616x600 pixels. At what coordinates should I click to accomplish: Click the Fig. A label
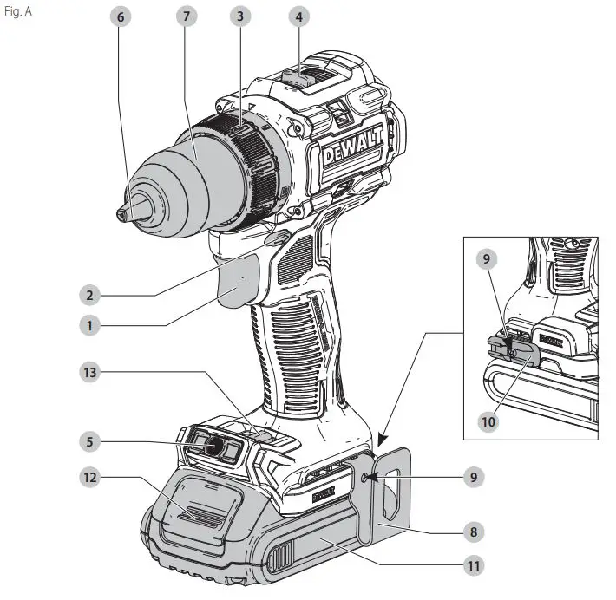tap(18, 12)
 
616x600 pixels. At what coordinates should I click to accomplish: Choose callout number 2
tap(89, 295)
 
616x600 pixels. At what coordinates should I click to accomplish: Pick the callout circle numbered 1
tap(89, 326)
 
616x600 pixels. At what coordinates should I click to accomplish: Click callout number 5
tap(89, 441)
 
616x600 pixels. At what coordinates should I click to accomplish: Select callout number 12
tap(89, 477)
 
